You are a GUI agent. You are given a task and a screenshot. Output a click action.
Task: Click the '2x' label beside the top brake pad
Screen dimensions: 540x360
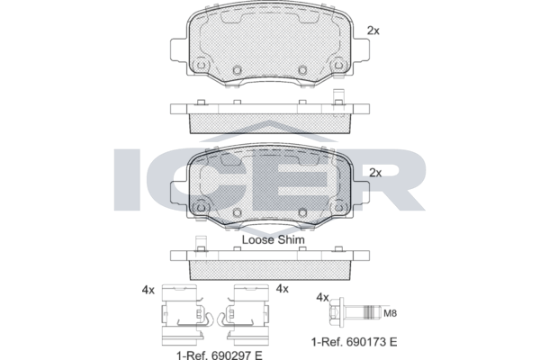373,31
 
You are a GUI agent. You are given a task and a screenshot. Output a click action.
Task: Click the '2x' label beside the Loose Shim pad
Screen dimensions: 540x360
375,173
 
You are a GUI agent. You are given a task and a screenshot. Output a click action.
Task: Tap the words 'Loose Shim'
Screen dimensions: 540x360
273,239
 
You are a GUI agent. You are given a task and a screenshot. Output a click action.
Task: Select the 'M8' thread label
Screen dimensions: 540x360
391,313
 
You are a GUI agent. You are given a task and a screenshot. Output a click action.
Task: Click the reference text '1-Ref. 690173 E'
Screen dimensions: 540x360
354,342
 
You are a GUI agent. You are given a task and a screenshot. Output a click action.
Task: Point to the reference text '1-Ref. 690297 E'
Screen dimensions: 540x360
220,355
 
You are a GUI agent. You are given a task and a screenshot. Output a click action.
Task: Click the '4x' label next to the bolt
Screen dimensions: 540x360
323,297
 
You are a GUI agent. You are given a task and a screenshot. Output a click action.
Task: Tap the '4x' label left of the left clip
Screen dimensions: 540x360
148,290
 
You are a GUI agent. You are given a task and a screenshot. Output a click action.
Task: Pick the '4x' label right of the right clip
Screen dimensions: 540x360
282,289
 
